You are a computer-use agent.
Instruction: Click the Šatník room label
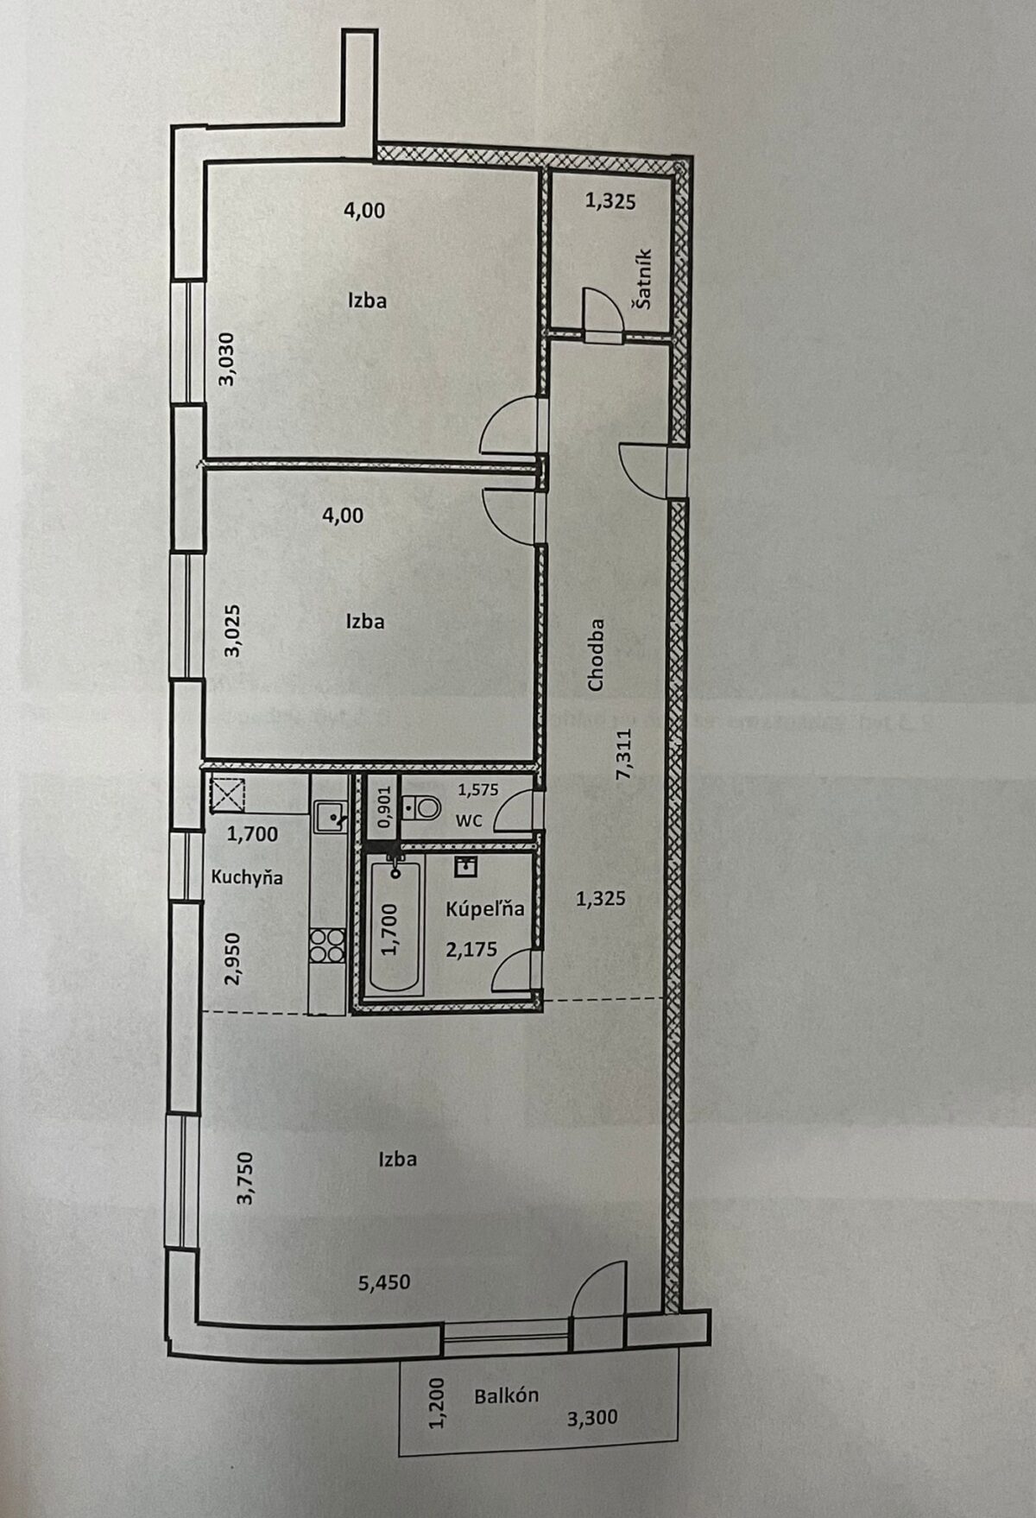[643, 280]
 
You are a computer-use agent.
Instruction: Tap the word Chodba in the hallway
[596, 655]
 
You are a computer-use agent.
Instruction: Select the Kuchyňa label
[247, 876]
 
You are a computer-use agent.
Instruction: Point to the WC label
[469, 820]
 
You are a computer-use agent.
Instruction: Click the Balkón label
[507, 1395]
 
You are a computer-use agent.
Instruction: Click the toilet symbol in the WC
[423, 807]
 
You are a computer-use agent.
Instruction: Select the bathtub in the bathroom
[395, 927]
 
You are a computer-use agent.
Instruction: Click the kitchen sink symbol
[329, 815]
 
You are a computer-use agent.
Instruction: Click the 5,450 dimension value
[384, 1283]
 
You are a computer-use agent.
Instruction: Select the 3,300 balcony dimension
[592, 1416]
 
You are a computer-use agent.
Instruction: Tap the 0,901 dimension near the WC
[385, 807]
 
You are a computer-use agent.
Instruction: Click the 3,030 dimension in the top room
[225, 358]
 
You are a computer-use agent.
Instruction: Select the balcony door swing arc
[597, 1286]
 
